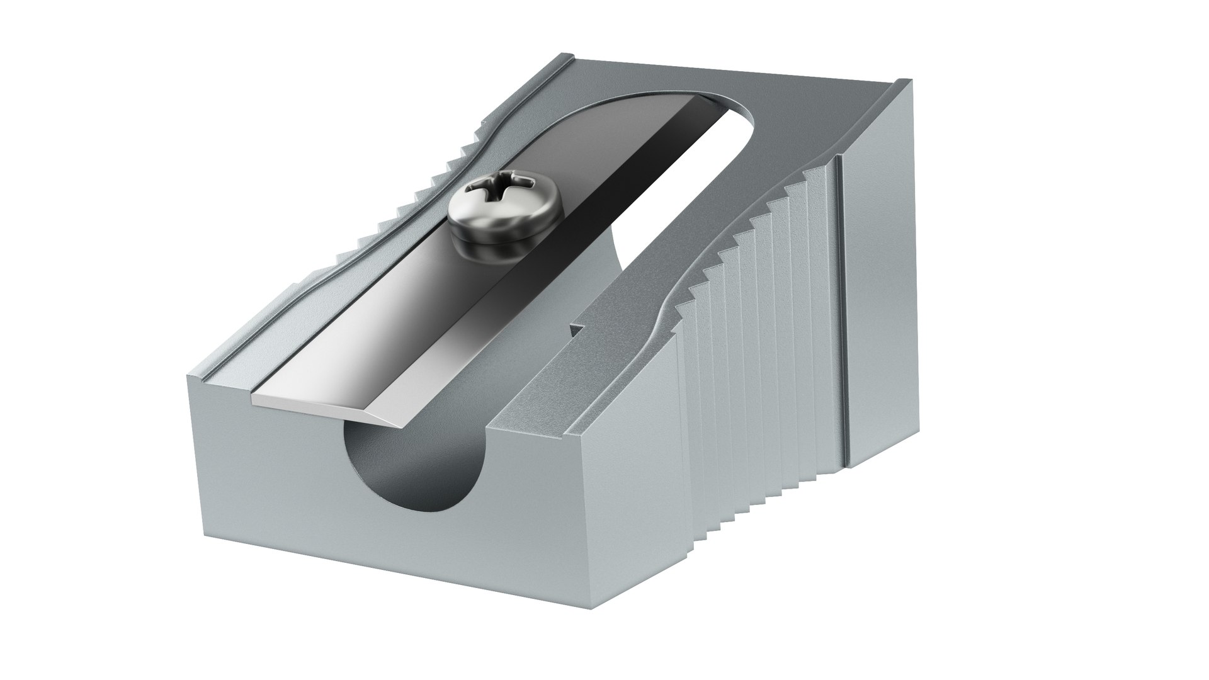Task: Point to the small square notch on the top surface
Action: (574, 329)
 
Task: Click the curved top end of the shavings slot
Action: (737, 107)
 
